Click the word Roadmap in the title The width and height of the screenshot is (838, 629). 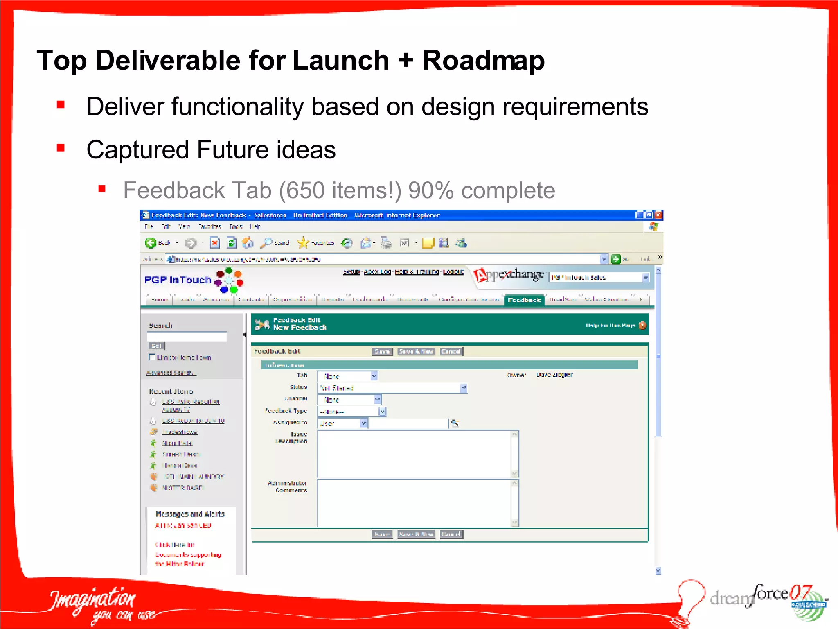coord(483,61)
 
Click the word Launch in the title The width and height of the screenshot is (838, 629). coord(340,61)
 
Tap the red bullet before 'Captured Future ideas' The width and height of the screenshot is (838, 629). coord(61,148)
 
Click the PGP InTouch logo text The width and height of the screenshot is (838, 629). coord(178,280)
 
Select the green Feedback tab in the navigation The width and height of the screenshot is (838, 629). coord(524,300)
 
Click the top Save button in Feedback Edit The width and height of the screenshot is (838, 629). coord(382,351)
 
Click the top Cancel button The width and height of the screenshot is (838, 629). coord(451,351)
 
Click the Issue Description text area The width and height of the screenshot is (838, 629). coord(415,454)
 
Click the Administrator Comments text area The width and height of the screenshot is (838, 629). coord(415,503)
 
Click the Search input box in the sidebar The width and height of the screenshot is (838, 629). coord(187,336)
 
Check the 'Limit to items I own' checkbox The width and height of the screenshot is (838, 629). coord(152,357)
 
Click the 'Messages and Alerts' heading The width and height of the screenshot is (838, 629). coord(190,514)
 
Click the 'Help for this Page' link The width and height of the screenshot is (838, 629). coord(610,325)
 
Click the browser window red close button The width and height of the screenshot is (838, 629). coord(658,215)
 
